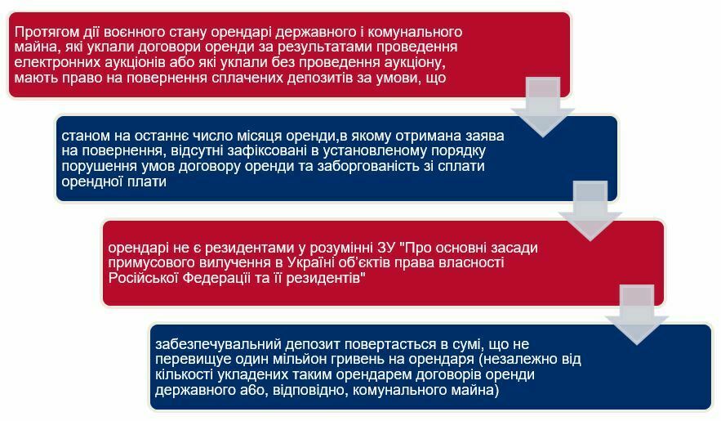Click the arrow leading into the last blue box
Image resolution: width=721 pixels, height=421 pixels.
pyautogui.click(x=636, y=315)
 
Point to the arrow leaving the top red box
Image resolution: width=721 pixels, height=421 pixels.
pyautogui.click(x=543, y=107)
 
